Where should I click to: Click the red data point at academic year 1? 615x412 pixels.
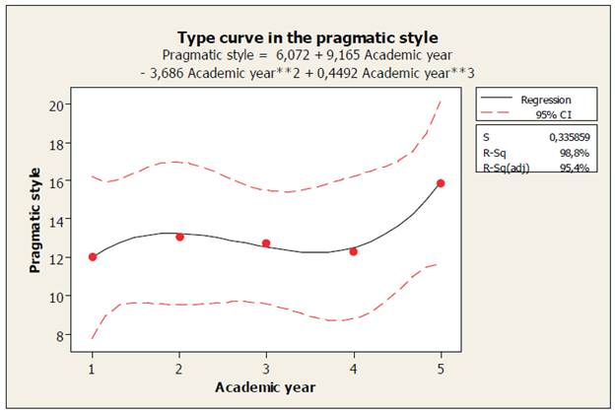pyautogui.click(x=93, y=257)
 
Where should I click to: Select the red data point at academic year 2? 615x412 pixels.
pyautogui.click(x=179, y=237)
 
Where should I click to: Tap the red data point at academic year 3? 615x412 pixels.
pyautogui.click(x=266, y=243)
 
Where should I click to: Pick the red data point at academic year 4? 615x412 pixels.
pyautogui.click(x=353, y=251)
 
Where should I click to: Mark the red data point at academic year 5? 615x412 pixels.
pyautogui.click(x=441, y=183)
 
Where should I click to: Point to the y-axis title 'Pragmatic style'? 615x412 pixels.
pyautogui.click(x=34, y=220)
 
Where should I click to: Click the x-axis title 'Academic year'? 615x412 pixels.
pyautogui.click(x=265, y=386)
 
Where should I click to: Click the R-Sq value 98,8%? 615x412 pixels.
pyautogui.click(x=581, y=154)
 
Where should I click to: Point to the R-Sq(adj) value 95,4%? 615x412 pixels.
pyautogui.click(x=581, y=169)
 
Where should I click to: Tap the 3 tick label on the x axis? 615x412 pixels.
pyautogui.click(x=266, y=369)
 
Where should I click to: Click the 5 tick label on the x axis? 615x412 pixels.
pyautogui.click(x=441, y=369)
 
